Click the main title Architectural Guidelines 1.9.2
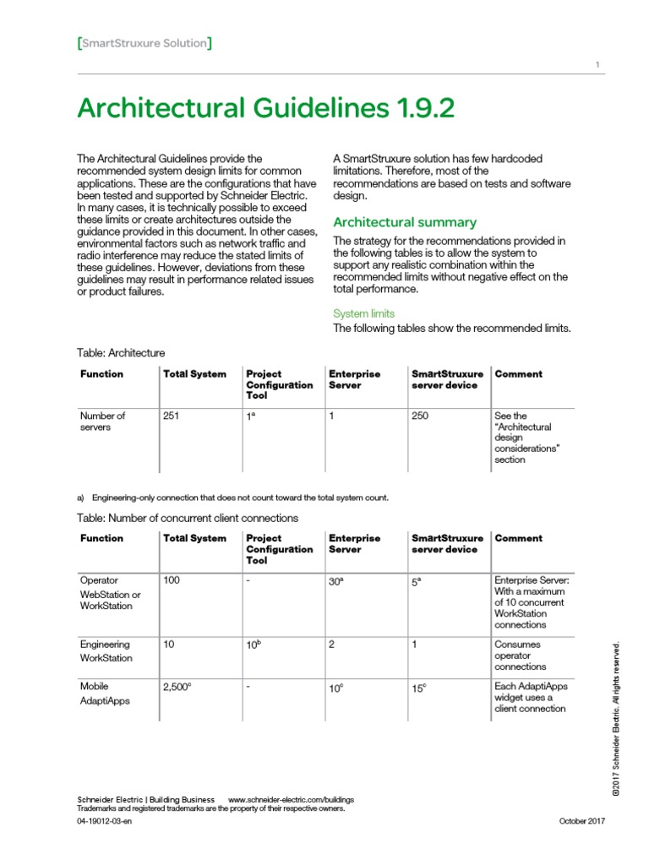point(265,108)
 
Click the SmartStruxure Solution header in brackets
point(145,43)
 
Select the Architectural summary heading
point(405,222)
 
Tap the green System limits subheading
point(363,313)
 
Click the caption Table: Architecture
point(121,352)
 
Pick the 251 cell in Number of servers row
point(172,416)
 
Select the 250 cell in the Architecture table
point(421,416)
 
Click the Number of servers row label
point(102,421)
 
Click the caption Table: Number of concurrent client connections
point(188,518)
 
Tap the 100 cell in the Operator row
point(172,580)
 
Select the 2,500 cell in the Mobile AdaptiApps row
point(177,688)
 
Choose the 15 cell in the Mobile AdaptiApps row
point(419,688)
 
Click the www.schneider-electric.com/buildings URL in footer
point(291,799)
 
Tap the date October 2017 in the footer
point(582,822)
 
